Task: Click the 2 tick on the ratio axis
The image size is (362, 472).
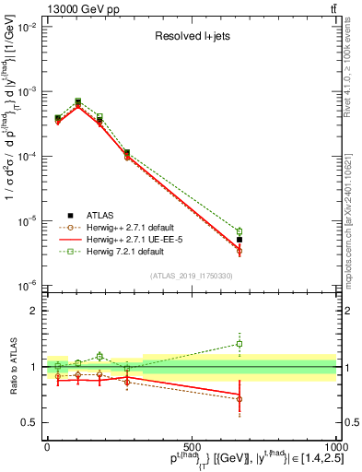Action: [35, 311]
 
